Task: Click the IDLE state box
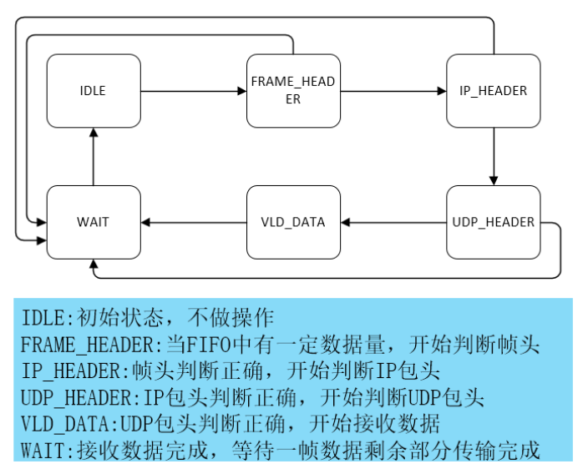(93, 91)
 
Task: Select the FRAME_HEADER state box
(293, 91)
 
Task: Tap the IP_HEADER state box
(493, 91)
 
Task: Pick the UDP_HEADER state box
(493, 222)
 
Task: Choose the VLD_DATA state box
(293, 222)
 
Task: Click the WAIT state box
(93, 222)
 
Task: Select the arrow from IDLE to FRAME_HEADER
(192, 91)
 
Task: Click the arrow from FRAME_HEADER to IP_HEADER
(393, 91)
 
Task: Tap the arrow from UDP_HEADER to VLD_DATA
(393, 222)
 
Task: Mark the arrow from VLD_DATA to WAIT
(192, 222)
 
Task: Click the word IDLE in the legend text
(40, 317)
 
